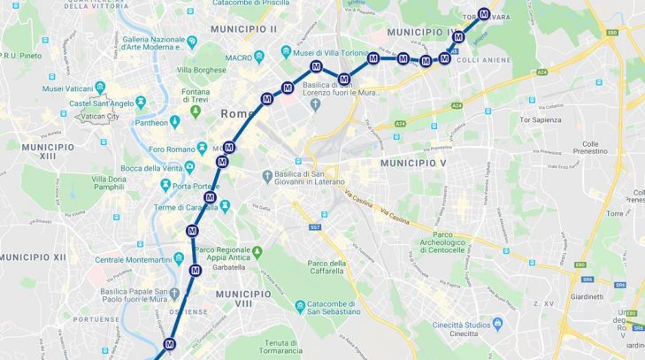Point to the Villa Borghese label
point(197,69)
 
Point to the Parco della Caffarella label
point(325,268)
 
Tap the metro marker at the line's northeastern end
point(484,14)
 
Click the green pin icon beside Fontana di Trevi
point(195,111)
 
